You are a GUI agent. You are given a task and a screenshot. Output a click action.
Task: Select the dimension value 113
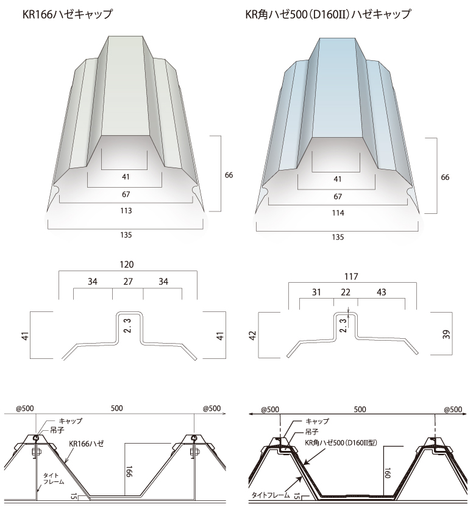point(126,211)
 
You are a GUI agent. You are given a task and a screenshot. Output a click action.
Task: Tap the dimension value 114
point(338,213)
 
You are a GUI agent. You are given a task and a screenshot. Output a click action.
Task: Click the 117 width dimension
point(351,276)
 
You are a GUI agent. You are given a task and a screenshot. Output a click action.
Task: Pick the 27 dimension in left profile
point(128,282)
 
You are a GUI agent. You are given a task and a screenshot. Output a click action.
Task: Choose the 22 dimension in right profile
point(346,292)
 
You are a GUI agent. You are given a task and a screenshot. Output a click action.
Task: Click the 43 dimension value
point(382,292)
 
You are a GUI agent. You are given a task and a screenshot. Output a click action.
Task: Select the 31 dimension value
point(316,292)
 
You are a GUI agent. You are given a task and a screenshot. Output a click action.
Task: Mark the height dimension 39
point(447,334)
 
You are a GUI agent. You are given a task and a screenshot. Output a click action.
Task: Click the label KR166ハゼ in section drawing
point(87,444)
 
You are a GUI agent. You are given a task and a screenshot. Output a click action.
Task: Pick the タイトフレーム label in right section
point(271,495)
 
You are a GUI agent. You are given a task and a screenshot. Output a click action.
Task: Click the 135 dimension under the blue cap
point(338,238)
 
